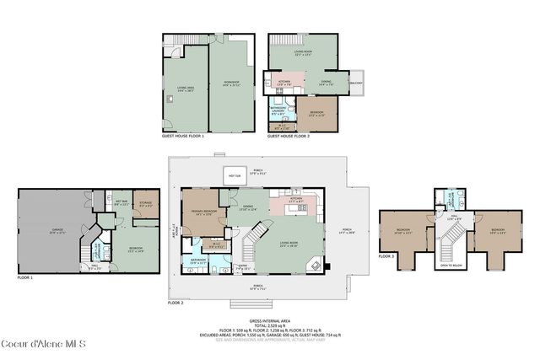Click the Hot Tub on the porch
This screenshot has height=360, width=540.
(x=232, y=175)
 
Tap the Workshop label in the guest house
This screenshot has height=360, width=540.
(x=229, y=83)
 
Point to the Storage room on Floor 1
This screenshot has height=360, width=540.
(x=145, y=205)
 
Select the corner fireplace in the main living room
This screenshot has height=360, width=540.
(x=315, y=264)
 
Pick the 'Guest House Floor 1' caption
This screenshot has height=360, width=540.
(x=183, y=135)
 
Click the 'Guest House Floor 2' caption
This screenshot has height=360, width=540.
(x=289, y=135)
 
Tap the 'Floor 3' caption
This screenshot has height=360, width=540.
(x=386, y=255)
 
